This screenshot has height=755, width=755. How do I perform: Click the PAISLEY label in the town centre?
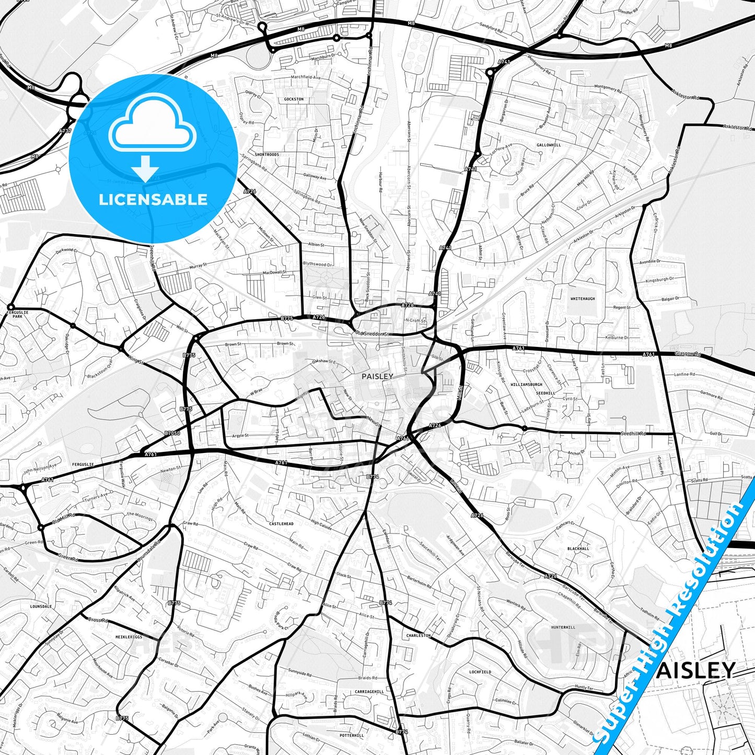(x=377, y=376)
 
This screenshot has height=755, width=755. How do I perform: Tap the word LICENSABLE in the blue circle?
(x=153, y=200)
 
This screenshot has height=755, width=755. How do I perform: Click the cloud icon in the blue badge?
(x=152, y=128)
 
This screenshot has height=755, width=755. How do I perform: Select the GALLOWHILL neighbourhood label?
(x=549, y=145)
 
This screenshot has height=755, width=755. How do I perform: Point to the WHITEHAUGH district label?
(x=583, y=299)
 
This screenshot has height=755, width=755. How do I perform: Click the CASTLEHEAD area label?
(x=281, y=524)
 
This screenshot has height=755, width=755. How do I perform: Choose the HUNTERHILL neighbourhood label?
(x=563, y=627)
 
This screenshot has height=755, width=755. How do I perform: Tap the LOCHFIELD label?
(x=480, y=672)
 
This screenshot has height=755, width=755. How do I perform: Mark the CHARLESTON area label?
(x=419, y=636)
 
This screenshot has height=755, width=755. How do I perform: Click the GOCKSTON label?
(x=294, y=99)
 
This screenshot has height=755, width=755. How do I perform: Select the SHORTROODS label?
(x=267, y=155)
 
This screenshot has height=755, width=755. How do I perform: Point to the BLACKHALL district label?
(x=578, y=549)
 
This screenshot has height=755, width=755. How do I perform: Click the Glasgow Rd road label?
(x=688, y=354)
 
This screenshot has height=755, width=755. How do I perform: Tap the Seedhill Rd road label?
(x=633, y=434)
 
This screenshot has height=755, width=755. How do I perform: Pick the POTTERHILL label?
(x=352, y=735)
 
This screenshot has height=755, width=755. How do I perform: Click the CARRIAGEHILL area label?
(x=369, y=691)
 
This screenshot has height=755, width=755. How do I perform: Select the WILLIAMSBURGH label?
(x=526, y=385)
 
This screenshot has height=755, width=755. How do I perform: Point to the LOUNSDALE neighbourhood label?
(x=41, y=607)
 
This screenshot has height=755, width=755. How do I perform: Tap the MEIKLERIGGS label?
(x=129, y=637)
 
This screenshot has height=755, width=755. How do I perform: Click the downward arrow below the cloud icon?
(x=145, y=168)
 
